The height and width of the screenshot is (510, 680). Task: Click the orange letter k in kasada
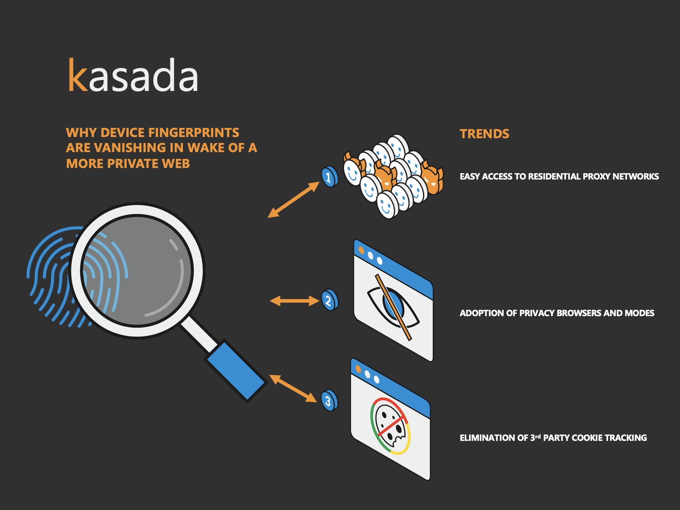[x=78, y=75]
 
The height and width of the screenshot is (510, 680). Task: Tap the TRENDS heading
[x=485, y=134]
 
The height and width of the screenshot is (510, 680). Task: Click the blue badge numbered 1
[x=329, y=176]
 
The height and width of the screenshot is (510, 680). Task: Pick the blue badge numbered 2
[x=329, y=300]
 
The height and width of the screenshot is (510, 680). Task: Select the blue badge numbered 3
[x=329, y=400]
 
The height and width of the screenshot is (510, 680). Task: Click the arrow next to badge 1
[x=294, y=199]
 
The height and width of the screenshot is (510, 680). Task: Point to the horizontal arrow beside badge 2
[x=294, y=301]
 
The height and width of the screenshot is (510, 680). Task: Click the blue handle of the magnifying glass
[x=236, y=371]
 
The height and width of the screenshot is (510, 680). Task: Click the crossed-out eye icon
[x=393, y=307]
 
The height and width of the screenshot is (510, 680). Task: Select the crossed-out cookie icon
[x=390, y=426]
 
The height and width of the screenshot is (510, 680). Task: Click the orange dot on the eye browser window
[x=361, y=250]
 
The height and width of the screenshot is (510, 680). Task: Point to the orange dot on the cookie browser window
[x=358, y=369]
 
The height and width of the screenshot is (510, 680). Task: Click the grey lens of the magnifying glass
[x=137, y=270]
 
